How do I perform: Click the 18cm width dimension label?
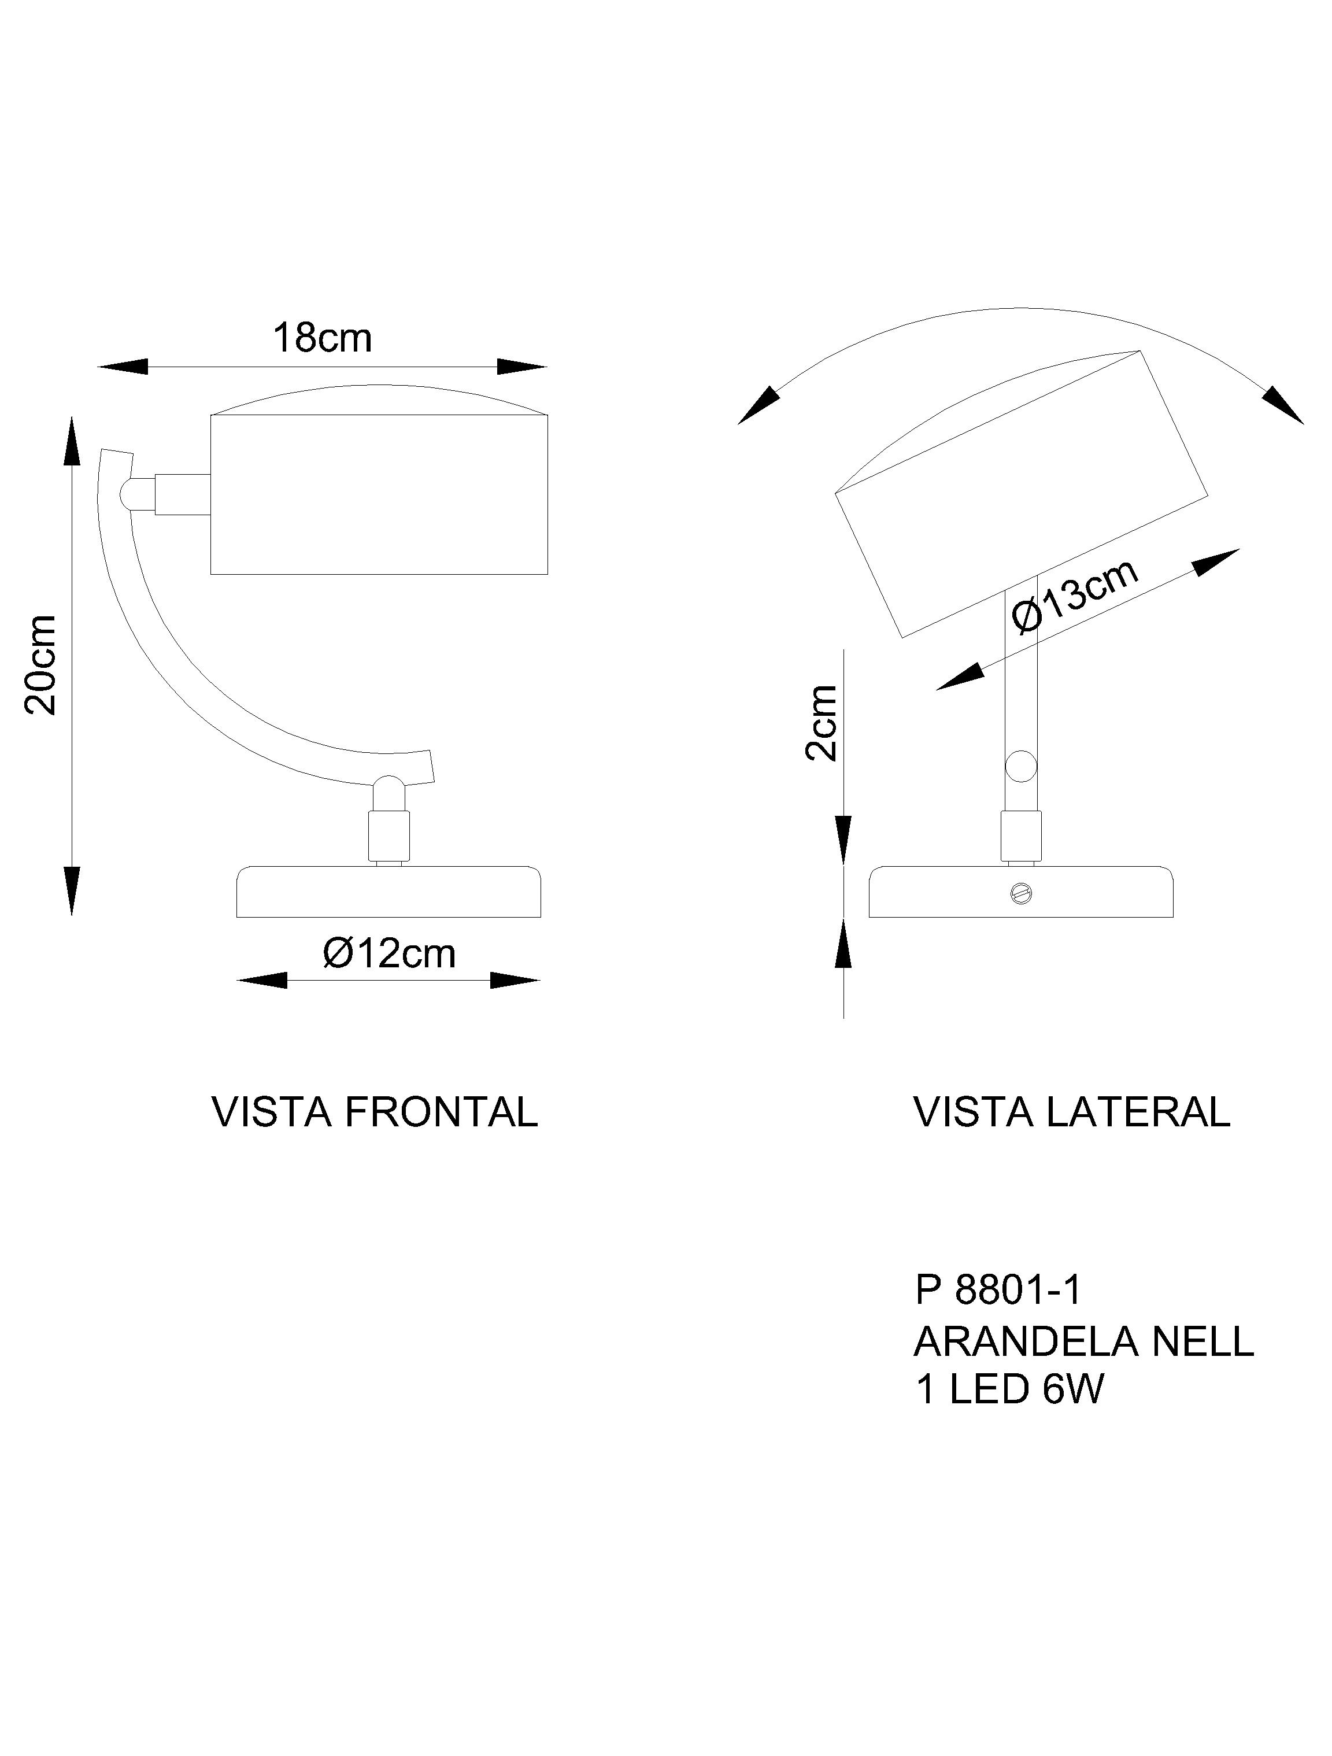click(x=322, y=339)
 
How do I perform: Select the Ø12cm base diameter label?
click(x=389, y=953)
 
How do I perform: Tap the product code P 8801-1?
click(x=998, y=1290)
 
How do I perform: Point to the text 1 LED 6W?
click(x=1009, y=1390)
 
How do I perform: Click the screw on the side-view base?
click(x=1021, y=893)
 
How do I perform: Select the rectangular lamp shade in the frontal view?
click(x=379, y=494)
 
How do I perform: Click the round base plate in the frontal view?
click(x=389, y=892)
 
